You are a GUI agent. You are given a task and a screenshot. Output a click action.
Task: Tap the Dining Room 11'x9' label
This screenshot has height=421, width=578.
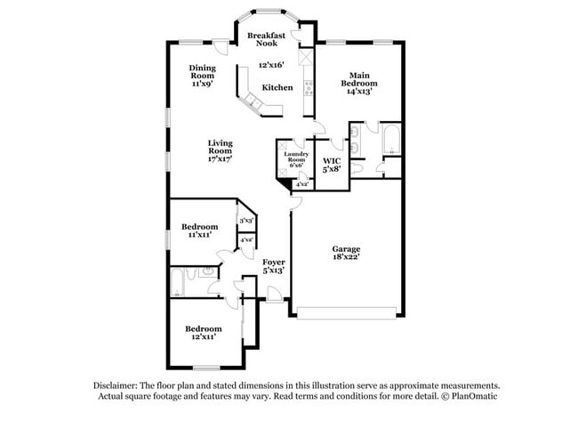pos(203,76)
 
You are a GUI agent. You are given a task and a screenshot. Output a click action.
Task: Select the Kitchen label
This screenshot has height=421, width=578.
pos(277,87)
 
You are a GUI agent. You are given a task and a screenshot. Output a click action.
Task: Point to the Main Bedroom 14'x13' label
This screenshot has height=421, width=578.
pos(358,83)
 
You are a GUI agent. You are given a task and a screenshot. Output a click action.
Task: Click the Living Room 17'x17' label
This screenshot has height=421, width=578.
pos(220,150)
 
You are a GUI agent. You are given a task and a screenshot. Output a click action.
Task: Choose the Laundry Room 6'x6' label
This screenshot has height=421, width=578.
pos(296,159)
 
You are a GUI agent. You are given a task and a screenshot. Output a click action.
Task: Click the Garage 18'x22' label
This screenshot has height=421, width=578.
pos(346,253)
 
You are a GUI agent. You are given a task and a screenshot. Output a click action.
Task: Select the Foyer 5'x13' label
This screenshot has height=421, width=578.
pos(273,265)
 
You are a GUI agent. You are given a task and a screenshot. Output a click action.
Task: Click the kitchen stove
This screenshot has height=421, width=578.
pos(309,87)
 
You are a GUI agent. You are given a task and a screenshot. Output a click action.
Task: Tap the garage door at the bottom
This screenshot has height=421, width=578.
pos(347,312)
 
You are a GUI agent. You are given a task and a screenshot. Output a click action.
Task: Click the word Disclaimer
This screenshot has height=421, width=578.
pos(117,385)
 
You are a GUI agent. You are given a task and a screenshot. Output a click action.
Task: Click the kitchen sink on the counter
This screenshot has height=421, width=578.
pos(252,105)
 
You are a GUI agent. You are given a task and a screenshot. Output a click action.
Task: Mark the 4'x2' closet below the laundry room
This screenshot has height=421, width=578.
pos(302,184)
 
